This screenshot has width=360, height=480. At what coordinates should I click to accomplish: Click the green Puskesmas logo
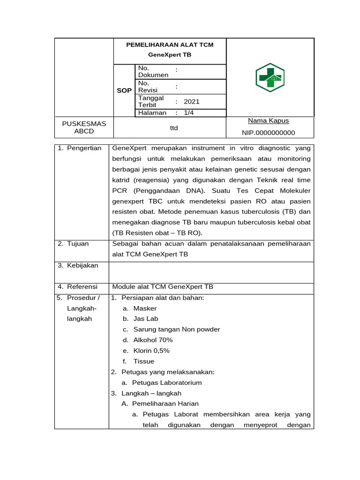point(270,77)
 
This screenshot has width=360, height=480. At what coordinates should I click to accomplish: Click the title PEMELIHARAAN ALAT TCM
point(170,45)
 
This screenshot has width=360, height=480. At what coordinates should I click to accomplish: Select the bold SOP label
point(124,90)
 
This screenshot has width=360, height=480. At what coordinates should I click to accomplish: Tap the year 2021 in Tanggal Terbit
point(192,101)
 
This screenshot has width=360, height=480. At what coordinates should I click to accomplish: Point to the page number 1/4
point(189,112)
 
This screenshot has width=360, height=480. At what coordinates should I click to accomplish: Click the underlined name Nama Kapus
point(268,121)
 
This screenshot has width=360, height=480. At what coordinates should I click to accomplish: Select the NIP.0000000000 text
point(268,133)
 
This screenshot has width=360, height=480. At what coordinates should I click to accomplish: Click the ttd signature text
point(174,127)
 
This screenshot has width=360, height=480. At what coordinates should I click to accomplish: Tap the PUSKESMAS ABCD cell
point(84,127)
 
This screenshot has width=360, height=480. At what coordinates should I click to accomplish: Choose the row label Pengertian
point(84,148)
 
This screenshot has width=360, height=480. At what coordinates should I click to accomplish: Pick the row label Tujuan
point(78,244)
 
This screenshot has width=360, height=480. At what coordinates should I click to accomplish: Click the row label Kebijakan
point(82,265)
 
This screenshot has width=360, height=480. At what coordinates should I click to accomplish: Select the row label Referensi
point(82,286)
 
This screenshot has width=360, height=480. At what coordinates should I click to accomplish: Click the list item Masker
point(145,308)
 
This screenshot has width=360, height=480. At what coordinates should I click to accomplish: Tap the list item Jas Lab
point(146,319)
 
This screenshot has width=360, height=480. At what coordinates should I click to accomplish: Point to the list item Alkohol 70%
point(153,340)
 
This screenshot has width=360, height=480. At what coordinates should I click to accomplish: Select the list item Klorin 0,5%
point(151,351)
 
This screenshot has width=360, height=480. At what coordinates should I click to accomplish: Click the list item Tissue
point(143,361)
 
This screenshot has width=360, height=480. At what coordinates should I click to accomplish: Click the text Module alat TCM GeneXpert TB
point(163,286)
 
